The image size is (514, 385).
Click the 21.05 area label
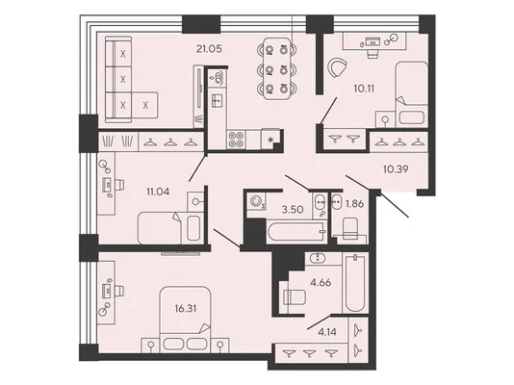coord(209,49)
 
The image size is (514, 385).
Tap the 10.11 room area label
coord(364,89)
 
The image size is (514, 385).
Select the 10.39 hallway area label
coord(396,169)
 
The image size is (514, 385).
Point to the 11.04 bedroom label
coord(158,192)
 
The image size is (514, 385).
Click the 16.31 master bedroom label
coord(186,309)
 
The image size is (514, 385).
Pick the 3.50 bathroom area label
coord(293,210)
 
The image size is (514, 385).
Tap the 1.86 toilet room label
coord(354,204)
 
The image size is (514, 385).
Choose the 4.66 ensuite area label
coord(321,282)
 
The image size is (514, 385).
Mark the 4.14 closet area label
coord(327,332)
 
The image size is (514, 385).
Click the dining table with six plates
coord(277,68)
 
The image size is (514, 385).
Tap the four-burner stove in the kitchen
coord(236,140)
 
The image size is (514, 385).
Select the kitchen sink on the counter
coord(217,100)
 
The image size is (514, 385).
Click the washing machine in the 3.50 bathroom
coord(257,201)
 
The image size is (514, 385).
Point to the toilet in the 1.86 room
coord(350,228)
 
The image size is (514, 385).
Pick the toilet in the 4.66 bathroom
coord(295,297)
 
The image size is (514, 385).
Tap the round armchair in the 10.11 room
coord(338,67)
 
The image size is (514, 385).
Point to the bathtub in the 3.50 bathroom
coord(296,232)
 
